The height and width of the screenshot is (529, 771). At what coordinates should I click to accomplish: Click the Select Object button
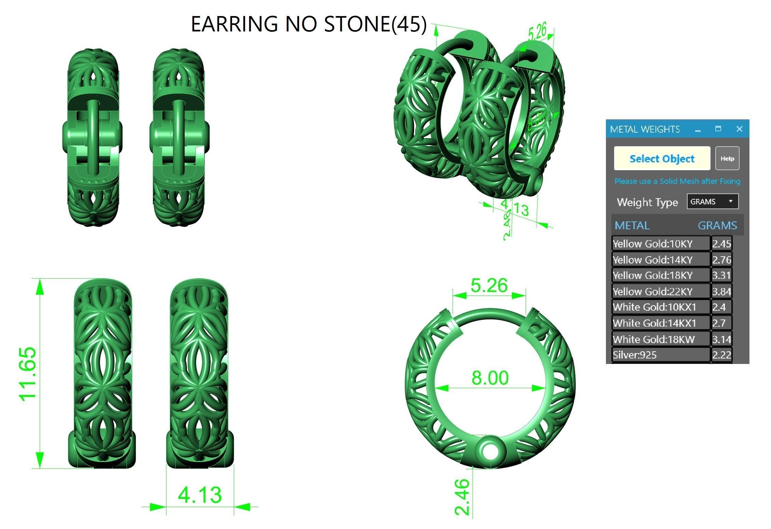coord(662,159)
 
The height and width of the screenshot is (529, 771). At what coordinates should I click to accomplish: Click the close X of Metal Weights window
coord(739,129)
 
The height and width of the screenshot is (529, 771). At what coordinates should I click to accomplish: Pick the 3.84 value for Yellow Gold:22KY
coord(721,291)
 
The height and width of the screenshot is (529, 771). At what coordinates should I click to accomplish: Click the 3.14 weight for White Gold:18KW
coord(721,339)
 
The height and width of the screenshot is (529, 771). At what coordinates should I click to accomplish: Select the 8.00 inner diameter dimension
coord(490,378)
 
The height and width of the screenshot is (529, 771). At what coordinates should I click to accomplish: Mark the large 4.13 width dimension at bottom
coord(200,494)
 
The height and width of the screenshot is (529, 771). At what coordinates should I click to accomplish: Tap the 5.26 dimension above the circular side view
coord(489,285)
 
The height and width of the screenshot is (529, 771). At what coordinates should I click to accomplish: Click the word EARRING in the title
coord(234,24)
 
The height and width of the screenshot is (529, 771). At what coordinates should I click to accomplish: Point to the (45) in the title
coord(409,24)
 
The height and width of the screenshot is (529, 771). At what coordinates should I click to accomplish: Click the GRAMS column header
coord(717,226)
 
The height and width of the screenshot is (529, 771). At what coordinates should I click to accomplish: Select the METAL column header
coord(632,226)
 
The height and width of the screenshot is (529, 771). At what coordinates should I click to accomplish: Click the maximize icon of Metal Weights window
coord(718,129)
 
